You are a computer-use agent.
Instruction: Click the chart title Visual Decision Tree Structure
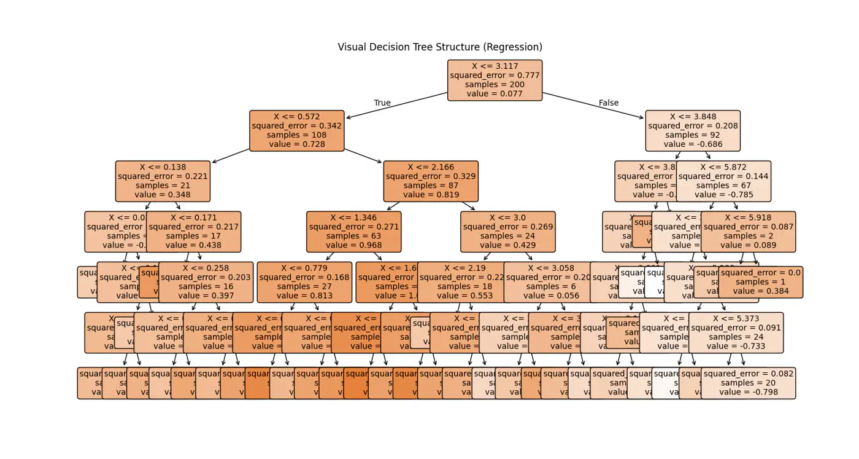[x=439, y=47]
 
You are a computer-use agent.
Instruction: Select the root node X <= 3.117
[x=495, y=80]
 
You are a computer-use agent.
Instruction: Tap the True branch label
[x=382, y=103]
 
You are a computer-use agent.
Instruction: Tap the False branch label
[x=608, y=103]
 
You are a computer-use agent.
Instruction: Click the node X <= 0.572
[x=296, y=131]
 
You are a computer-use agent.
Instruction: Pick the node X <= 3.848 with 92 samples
[x=692, y=131]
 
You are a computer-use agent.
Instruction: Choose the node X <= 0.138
[x=163, y=181]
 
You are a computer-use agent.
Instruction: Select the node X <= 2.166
[x=431, y=181]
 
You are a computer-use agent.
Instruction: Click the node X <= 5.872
[x=723, y=181]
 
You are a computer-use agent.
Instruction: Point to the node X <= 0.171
[x=193, y=232]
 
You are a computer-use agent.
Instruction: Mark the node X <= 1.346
[x=353, y=232]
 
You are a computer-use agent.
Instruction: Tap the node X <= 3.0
[x=507, y=232]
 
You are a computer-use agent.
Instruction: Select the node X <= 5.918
[x=748, y=232]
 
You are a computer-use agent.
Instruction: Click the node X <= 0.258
[x=206, y=282]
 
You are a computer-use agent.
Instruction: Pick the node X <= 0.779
[x=304, y=282]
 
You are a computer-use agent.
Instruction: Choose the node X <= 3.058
[x=551, y=282]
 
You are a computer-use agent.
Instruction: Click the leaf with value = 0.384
[x=761, y=282]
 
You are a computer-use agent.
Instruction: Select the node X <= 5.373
[x=736, y=332]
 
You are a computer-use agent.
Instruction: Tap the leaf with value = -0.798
[x=748, y=383]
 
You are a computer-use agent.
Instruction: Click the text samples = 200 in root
[x=495, y=85]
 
